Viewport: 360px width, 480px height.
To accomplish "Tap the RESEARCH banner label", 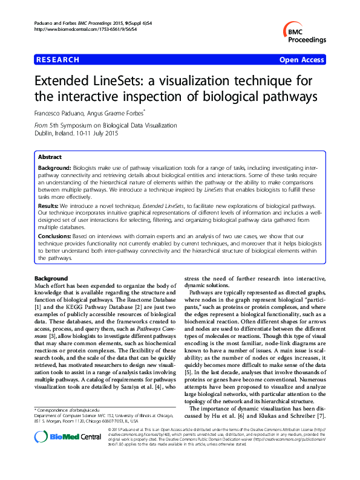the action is (58, 60).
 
